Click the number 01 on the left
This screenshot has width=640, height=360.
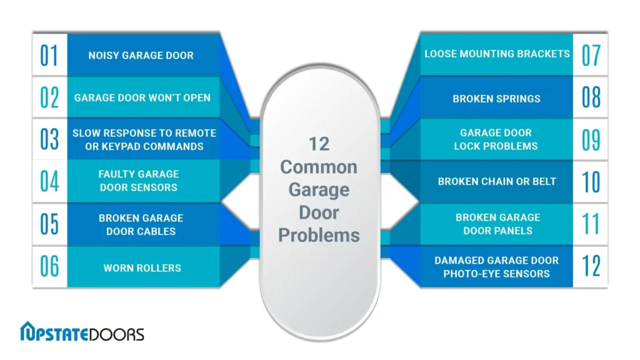coord(49,55)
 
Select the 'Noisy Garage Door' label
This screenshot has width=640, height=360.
coord(141,55)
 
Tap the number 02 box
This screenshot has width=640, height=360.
coord(49,97)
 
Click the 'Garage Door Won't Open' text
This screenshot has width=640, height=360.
coord(142,97)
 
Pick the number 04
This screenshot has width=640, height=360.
coord(49,181)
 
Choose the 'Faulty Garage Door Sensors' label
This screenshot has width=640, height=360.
coord(139,181)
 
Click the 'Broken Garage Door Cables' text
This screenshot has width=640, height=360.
coord(141,224)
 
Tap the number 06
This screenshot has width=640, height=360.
coord(49,267)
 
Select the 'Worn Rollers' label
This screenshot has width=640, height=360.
coord(142,268)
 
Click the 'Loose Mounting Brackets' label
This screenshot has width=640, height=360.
coord(497,54)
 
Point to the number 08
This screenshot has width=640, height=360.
coord(591,97)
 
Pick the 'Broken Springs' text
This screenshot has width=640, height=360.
coord(496,99)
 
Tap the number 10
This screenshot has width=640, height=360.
coord(591,181)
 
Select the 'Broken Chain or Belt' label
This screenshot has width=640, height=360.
coord(497,182)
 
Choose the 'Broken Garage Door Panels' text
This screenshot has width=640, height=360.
coord(497,224)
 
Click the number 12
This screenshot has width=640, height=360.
coord(591,266)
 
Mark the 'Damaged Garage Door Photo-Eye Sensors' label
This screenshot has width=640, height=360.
coord(496,267)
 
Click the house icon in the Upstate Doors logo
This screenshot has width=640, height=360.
coord(30,332)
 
